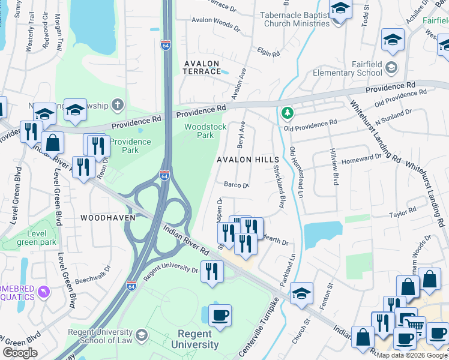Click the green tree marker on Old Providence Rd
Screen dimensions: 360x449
coord(288,113)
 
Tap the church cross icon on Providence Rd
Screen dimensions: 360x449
coord(118,106)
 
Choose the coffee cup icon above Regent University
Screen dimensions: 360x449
coord(220,316)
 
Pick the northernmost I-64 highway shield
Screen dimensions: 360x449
coord(166,45)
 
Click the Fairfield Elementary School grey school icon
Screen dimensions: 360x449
coord(391,66)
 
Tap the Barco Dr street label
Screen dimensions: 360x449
coord(237,185)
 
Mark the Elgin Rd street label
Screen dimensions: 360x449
coord(268,52)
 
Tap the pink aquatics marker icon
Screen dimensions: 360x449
coord(43,292)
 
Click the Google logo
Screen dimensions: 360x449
coord(20,353)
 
